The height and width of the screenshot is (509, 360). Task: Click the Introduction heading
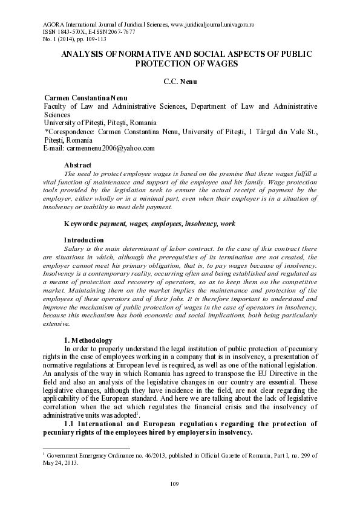tap(85, 240)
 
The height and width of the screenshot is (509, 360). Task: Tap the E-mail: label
tap(55, 148)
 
